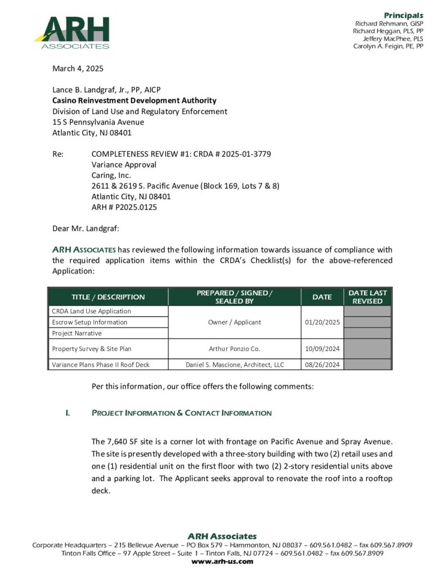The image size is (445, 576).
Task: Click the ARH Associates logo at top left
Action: pyautogui.click(x=71, y=32)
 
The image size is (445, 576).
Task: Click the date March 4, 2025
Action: pyautogui.click(x=78, y=69)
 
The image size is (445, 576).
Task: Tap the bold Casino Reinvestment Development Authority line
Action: pyautogui.click(x=134, y=101)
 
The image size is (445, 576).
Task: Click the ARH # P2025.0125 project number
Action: pyautogui.click(x=124, y=207)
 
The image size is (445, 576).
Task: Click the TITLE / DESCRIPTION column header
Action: pyautogui.click(x=108, y=297)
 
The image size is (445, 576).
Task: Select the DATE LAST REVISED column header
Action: pyautogui.click(x=367, y=297)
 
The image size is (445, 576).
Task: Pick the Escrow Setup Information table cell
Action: pyautogui.click(x=89, y=322)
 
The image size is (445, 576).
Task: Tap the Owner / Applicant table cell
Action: pyautogui.click(x=235, y=322)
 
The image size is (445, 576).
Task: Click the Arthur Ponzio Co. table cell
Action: pyautogui.click(x=235, y=349)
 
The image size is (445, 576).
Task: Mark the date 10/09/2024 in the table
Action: pyautogui.click(x=322, y=349)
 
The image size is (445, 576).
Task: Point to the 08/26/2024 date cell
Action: pyautogui.click(x=322, y=364)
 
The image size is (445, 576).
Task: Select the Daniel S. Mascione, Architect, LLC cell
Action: pyautogui.click(x=235, y=364)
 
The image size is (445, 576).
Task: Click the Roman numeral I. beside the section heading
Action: pyautogui.click(x=68, y=413)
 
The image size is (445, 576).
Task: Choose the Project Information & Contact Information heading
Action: pyautogui.click(x=181, y=413)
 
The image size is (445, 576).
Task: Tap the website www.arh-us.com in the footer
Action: pyautogui.click(x=222, y=561)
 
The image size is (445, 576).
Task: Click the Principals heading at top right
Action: pyautogui.click(x=403, y=15)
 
